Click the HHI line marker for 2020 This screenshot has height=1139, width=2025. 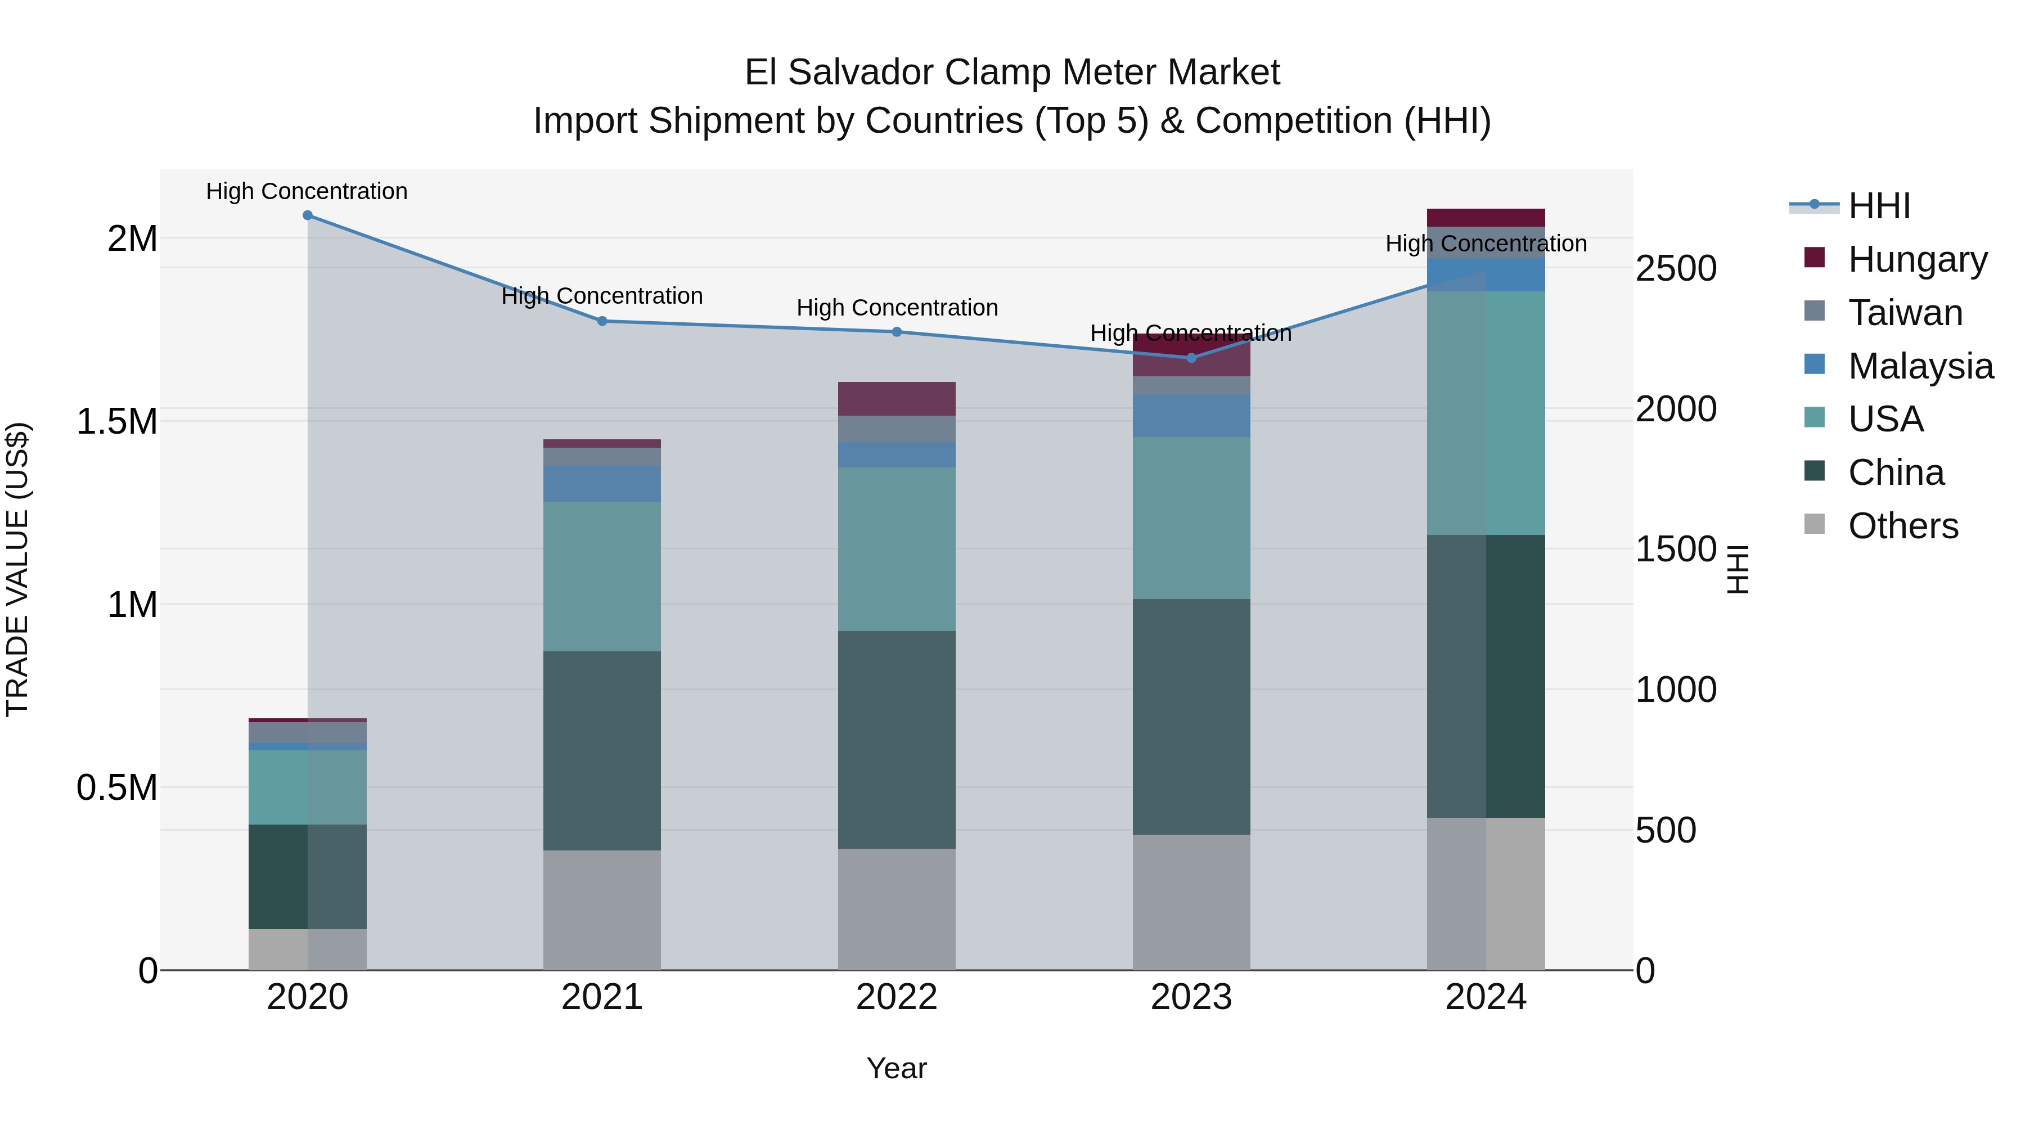click(307, 215)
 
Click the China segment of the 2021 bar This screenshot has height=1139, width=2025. click(602, 751)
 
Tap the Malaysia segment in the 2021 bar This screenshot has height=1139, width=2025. click(602, 483)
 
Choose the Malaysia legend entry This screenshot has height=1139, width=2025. click(1920, 366)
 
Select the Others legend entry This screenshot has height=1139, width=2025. click(1902, 526)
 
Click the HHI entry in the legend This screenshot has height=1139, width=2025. click(1879, 206)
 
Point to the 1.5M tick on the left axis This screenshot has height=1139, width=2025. click(118, 422)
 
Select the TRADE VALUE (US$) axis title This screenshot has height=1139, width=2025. click(17, 569)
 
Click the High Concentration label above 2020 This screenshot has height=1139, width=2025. click(307, 191)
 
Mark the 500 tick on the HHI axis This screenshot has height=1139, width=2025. click(1666, 831)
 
